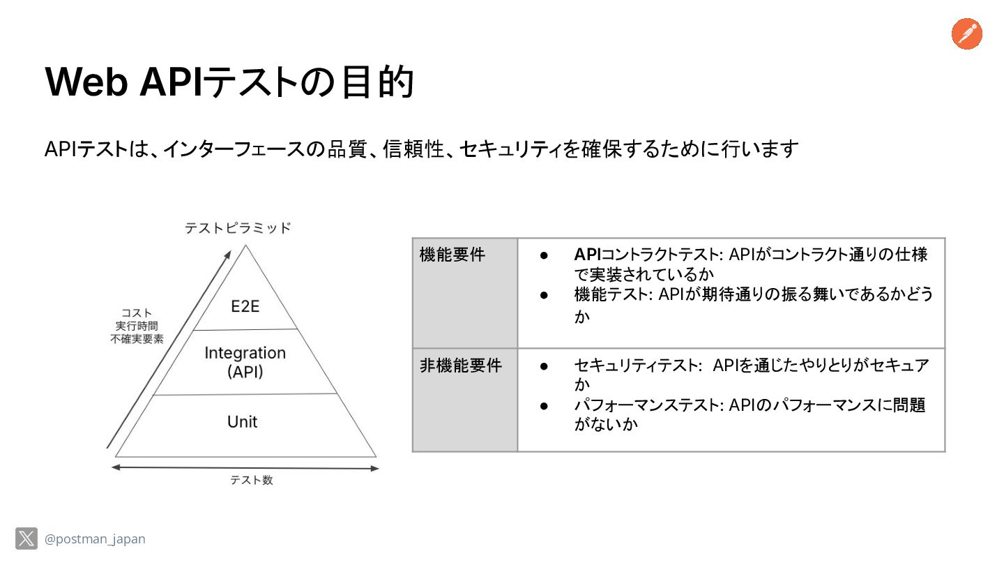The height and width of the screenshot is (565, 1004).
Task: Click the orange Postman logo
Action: point(966,34)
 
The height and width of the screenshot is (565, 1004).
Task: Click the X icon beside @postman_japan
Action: point(26,538)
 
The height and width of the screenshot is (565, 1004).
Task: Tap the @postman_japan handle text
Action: point(95,539)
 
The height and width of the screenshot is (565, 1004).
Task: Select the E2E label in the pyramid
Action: point(245,306)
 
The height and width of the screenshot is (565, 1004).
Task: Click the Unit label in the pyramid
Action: point(242,422)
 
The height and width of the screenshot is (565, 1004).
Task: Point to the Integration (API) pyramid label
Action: point(245,362)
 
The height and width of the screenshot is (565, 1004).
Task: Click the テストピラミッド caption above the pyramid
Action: point(238,228)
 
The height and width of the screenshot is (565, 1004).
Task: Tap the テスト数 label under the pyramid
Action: point(252,480)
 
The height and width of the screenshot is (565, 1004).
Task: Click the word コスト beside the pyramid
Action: point(137,312)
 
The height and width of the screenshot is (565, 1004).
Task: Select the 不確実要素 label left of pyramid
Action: point(137,339)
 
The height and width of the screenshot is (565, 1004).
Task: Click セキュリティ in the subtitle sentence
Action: point(510,149)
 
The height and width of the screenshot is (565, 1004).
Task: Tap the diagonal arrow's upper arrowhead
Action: point(227,256)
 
